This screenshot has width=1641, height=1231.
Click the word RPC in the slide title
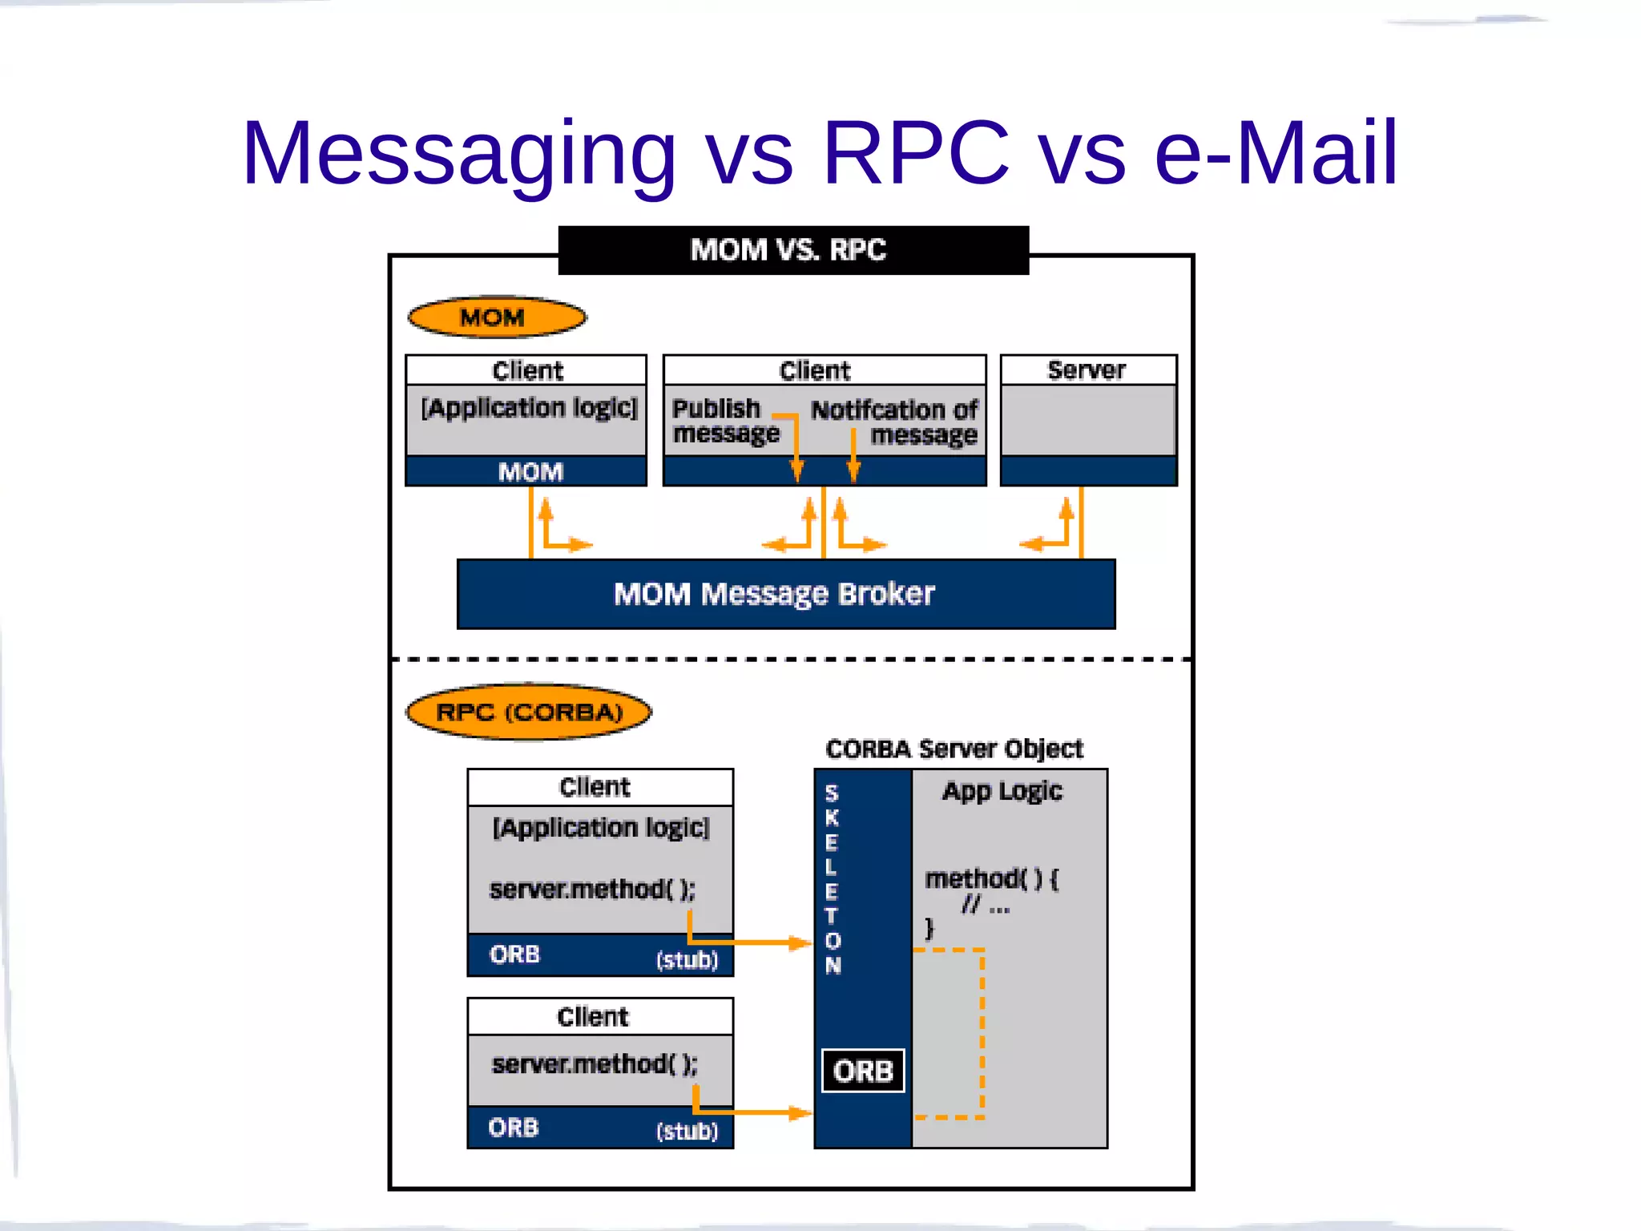click(915, 152)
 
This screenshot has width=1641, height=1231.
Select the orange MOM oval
click(496, 317)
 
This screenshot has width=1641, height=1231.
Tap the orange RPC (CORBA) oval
click(529, 712)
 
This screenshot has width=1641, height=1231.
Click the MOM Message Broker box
click(785, 594)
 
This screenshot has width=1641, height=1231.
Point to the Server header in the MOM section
click(1087, 369)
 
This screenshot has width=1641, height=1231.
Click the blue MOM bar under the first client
click(528, 471)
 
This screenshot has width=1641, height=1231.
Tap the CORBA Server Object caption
click(954, 749)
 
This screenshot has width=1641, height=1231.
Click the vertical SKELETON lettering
click(833, 878)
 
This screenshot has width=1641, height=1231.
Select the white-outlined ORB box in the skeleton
click(863, 1071)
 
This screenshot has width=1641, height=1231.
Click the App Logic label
click(1002, 791)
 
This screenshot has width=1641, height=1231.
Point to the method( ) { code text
click(992, 879)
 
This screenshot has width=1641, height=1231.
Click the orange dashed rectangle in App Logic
click(982, 1034)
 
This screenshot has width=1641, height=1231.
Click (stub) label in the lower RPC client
click(687, 1131)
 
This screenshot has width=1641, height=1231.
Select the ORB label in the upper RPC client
click(515, 955)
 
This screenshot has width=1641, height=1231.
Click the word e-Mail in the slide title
click(1276, 152)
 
